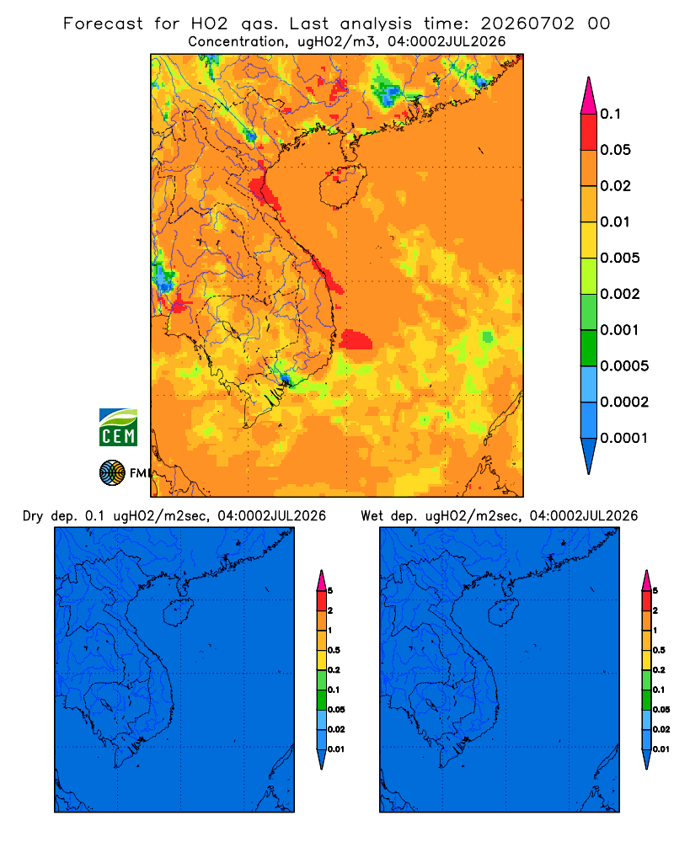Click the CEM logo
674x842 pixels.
click(118, 428)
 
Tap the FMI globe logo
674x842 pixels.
click(112, 472)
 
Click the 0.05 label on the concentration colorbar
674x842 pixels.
click(615, 150)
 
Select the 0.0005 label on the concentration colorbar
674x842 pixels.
click(624, 366)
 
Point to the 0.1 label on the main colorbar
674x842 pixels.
click(610, 114)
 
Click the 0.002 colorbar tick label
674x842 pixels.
click(620, 294)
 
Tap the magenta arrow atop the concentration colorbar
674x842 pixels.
click(589, 96)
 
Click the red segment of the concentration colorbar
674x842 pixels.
click(589, 132)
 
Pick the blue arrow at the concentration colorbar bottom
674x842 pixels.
click(589, 456)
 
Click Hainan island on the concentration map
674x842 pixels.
click(343, 186)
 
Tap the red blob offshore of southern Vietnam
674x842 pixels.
click(356, 339)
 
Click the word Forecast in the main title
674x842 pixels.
click(103, 24)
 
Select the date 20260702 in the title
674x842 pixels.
click(527, 24)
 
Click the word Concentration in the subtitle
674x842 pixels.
click(236, 42)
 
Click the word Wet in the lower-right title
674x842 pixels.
click(372, 516)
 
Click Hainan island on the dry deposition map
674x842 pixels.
click(179, 613)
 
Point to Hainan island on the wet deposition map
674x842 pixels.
click(504, 613)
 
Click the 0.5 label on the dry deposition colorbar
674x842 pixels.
click(334, 650)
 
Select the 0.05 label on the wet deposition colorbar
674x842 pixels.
click(661, 710)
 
